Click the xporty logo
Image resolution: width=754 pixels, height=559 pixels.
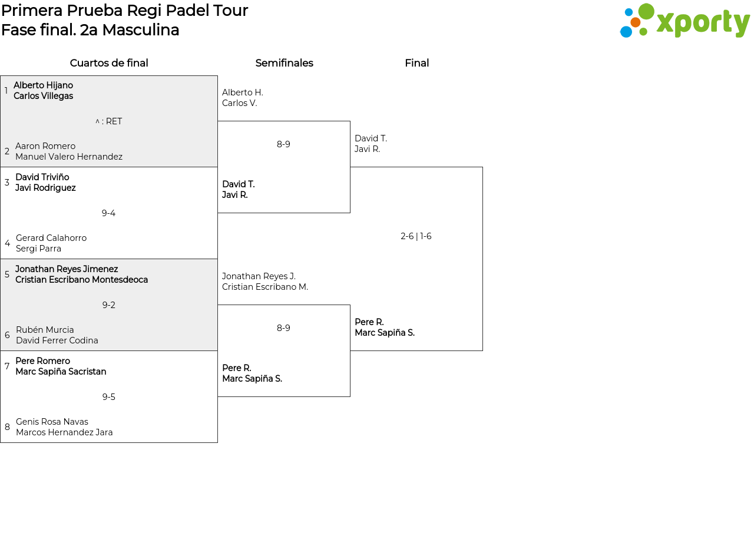point(684,21)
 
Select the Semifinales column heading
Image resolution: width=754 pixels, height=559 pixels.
point(284,63)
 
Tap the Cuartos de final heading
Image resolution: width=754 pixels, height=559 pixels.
point(109,63)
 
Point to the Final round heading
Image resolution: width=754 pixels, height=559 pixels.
point(417,63)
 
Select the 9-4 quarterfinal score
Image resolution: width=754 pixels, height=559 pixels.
point(108,213)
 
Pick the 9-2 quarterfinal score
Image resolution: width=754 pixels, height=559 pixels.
point(108,305)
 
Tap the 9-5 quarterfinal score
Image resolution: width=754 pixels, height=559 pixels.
point(108,397)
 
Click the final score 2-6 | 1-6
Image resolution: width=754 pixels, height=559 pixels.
point(416,236)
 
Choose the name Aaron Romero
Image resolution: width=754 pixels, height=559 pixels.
point(45,146)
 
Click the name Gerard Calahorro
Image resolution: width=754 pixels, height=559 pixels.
point(51,237)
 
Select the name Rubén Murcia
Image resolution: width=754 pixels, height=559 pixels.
point(45,329)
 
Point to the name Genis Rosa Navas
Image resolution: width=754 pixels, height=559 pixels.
point(52,422)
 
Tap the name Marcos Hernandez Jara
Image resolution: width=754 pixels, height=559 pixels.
point(64,432)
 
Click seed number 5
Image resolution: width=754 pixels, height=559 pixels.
point(7,274)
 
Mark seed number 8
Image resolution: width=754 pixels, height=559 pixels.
point(7,426)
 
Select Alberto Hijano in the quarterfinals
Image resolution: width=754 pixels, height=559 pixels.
point(43,85)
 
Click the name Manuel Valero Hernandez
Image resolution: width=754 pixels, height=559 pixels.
point(69,157)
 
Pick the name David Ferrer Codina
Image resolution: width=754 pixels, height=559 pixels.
point(57,340)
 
